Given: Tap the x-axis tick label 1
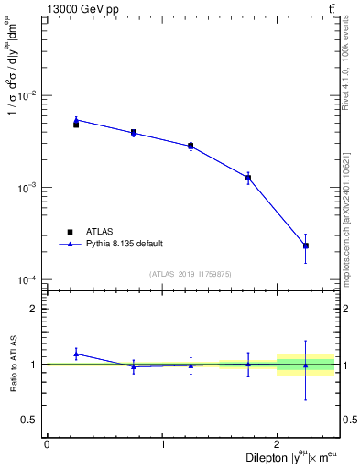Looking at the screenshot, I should tap(162, 444).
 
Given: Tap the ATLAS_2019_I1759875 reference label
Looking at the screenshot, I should tap(191, 274).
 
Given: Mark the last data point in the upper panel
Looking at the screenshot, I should tap(306, 245).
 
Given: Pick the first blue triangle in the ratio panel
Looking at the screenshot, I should tap(76, 354).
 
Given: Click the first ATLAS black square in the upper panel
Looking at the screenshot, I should tap(76, 125).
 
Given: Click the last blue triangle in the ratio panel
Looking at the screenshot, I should tap(306, 365).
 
